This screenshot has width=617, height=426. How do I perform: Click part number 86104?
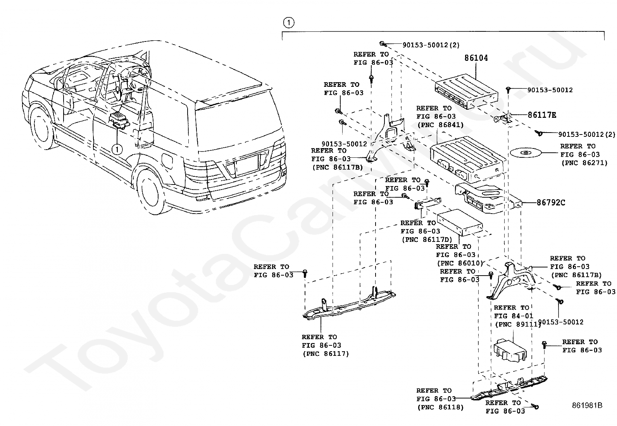click(x=476, y=58)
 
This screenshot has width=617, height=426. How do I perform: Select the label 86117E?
click(x=542, y=115)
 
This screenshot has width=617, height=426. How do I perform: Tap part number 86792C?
click(x=551, y=202)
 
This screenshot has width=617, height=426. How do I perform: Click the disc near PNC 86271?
click(x=525, y=153)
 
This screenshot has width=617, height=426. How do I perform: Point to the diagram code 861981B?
click(x=587, y=405)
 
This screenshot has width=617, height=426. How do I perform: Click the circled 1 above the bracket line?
click(x=289, y=22)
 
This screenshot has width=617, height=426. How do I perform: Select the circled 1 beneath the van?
click(x=117, y=148)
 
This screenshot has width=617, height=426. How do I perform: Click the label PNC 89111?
click(x=517, y=324)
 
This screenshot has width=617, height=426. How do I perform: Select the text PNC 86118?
click(x=440, y=407)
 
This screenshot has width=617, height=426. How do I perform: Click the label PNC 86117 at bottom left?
click(x=325, y=354)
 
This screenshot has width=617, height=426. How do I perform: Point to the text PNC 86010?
click(x=460, y=263)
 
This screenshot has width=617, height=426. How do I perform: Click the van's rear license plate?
click(x=246, y=163)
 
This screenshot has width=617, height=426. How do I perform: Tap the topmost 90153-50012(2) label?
click(x=431, y=45)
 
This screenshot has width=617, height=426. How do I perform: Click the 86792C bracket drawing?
click(x=488, y=198)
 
